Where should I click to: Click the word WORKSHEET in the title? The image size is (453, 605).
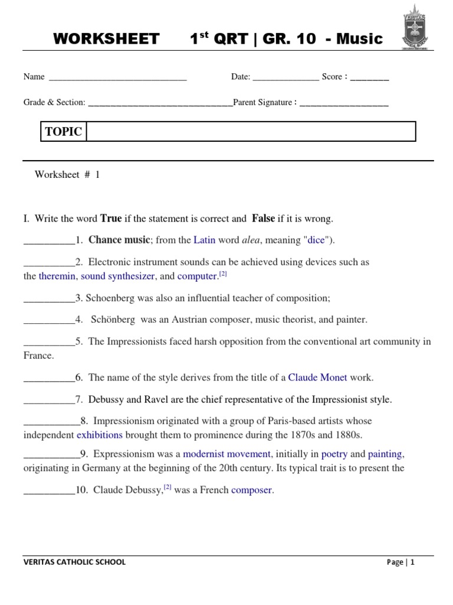(106, 39)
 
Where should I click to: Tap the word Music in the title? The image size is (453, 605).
(360, 39)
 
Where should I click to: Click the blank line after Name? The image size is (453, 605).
(118, 77)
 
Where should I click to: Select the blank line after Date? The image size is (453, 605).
(285, 77)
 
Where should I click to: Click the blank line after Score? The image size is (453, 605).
(369, 77)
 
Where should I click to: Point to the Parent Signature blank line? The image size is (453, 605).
(344, 103)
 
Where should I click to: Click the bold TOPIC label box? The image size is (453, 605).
(64, 132)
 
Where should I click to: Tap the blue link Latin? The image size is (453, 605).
(205, 240)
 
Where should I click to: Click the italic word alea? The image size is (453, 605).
(251, 240)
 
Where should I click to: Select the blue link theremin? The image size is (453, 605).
(57, 276)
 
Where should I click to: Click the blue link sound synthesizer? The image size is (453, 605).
(117, 276)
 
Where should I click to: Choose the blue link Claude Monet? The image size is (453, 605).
(317, 377)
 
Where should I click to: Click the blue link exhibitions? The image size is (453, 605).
(100, 435)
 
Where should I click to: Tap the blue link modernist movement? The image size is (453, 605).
(226, 454)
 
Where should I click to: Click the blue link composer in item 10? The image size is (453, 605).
(252, 490)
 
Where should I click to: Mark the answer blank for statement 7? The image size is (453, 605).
(49, 400)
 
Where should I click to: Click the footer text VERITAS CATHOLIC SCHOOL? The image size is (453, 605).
(74, 562)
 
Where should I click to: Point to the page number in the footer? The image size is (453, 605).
(412, 562)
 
